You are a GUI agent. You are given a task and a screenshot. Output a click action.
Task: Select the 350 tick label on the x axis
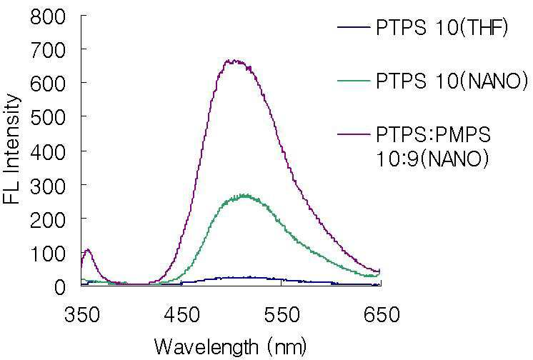click(x=82, y=315)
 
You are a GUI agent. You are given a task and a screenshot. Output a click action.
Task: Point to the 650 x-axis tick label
click(x=379, y=315)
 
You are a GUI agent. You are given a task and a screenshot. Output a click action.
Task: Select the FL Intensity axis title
click(x=12, y=149)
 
